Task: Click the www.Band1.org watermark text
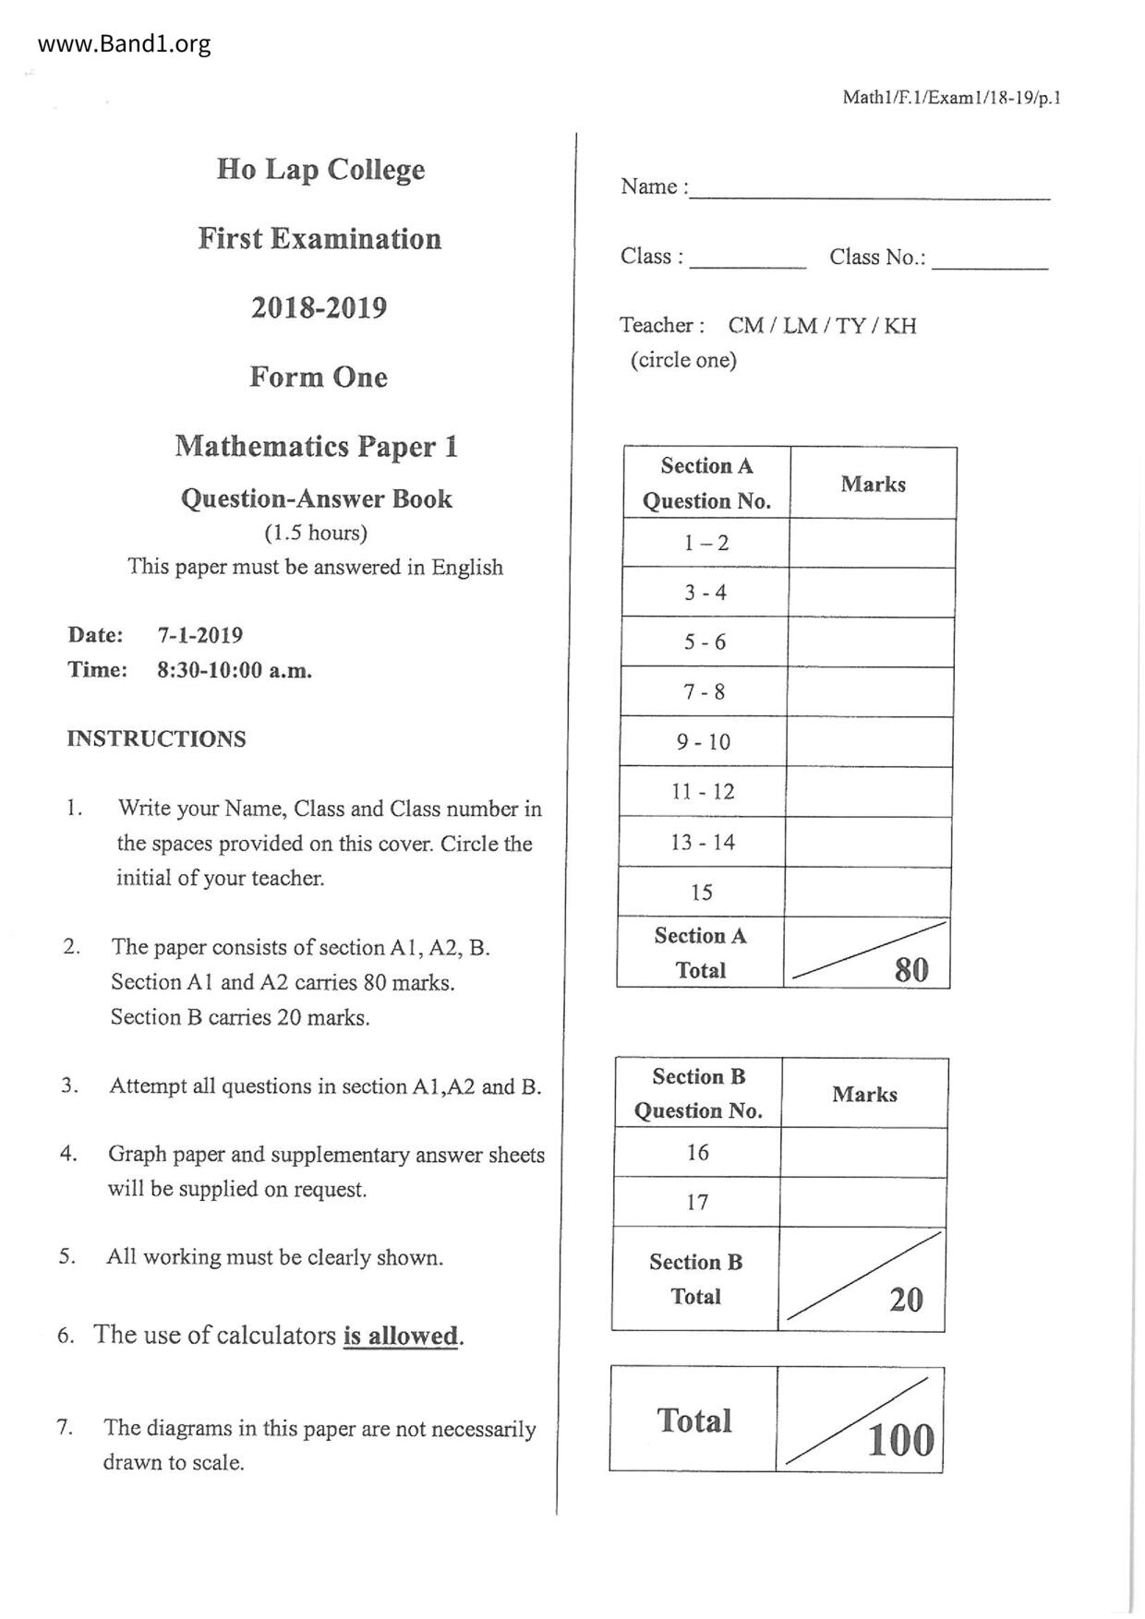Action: coord(125,44)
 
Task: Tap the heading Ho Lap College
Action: coord(320,170)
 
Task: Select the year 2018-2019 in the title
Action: coord(319,307)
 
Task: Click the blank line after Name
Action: coord(869,189)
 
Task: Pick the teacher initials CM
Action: coord(745,326)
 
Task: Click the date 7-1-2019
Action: coord(199,635)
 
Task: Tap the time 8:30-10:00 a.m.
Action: coord(234,670)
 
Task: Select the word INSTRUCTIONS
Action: coord(156,738)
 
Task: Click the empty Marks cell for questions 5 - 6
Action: coord(871,642)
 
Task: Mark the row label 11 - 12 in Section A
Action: coord(703,792)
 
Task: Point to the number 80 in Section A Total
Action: coord(910,969)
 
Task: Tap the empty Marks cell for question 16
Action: coord(863,1152)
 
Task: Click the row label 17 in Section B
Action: coord(697,1202)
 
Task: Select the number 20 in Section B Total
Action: coord(906,1300)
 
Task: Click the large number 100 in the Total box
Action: coord(900,1440)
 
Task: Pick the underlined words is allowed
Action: coord(401,1336)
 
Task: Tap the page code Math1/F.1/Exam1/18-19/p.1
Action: coord(951,98)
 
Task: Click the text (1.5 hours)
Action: coord(316,533)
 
